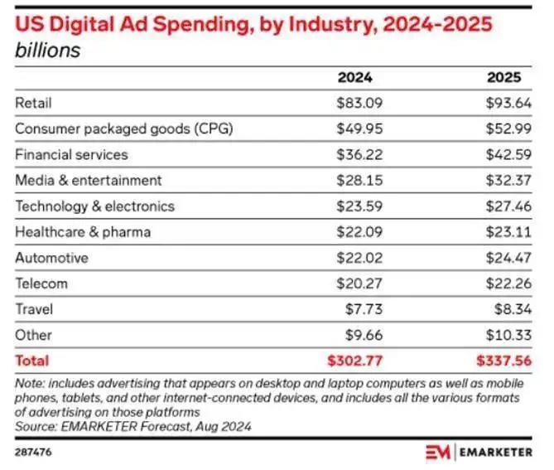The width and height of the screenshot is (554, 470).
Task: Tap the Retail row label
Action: [x=33, y=103]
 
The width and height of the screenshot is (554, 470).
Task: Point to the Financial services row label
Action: [x=71, y=154]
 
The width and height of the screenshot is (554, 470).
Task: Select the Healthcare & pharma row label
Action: [x=83, y=231]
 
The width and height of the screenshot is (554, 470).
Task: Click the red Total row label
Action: [x=31, y=361]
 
